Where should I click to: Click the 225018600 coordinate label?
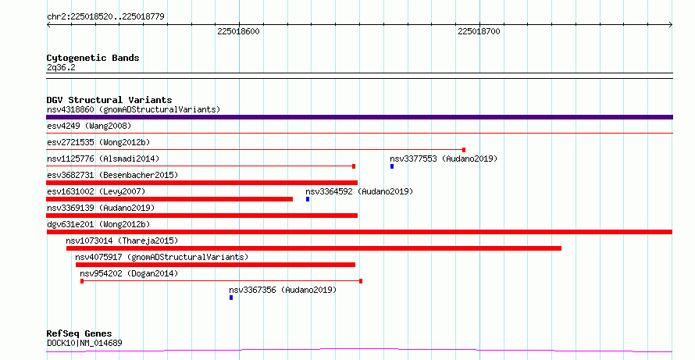click(x=238, y=31)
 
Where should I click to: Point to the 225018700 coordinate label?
click(x=479, y=31)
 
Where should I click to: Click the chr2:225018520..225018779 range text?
click(x=105, y=16)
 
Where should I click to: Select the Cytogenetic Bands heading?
click(x=93, y=58)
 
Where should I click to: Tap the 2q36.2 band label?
click(x=61, y=67)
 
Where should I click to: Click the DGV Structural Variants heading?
click(x=109, y=100)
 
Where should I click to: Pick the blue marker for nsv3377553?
click(x=392, y=166)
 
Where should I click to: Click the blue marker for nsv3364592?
click(x=308, y=199)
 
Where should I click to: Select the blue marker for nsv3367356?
click(x=231, y=298)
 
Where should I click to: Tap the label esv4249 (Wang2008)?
click(x=89, y=126)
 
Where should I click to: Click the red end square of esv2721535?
click(x=464, y=150)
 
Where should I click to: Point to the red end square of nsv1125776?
click(x=354, y=166)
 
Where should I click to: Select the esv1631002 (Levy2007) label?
click(x=96, y=191)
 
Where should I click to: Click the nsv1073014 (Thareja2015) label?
click(x=122, y=241)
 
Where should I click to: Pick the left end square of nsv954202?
click(x=82, y=281)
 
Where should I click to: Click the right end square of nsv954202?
click(x=361, y=281)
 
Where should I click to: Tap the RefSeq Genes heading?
click(x=80, y=333)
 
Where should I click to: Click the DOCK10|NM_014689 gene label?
click(x=84, y=343)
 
